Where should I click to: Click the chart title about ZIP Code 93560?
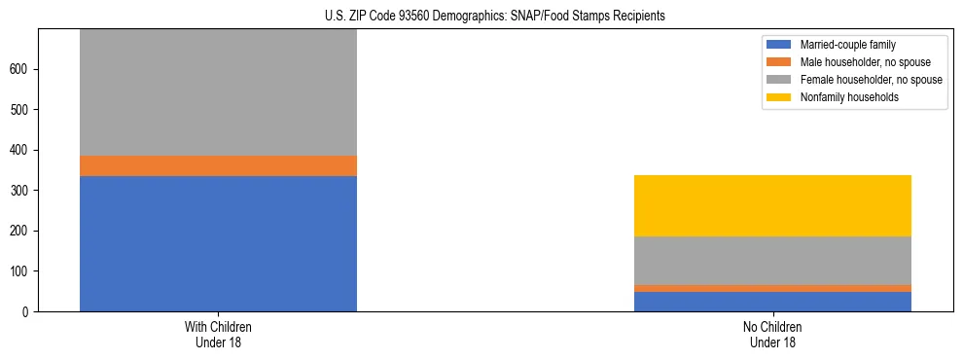pyautogui.click(x=495, y=17)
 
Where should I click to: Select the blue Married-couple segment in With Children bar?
pyautogui.click(x=218, y=243)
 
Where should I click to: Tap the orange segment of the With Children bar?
pyautogui.click(x=218, y=165)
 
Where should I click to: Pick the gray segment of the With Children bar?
pyautogui.click(x=218, y=92)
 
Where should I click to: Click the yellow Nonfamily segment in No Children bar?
pyautogui.click(x=772, y=205)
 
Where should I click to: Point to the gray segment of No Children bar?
pyautogui.click(x=772, y=261)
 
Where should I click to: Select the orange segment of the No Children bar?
pyautogui.click(x=772, y=288)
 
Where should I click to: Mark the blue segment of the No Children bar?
pyautogui.click(x=772, y=302)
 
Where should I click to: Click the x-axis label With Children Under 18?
pyautogui.click(x=218, y=334)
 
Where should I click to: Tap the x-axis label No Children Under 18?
pyautogui.click(x=772, y=334)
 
